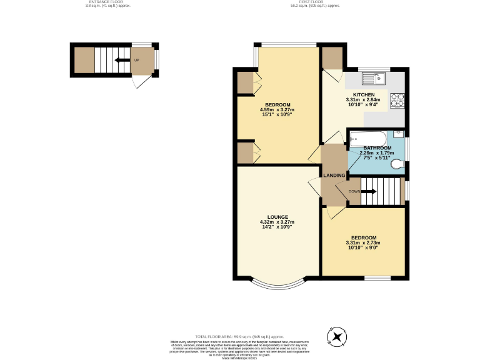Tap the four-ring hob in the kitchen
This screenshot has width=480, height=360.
(397, 99)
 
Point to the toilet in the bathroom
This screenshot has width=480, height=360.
(394, 166)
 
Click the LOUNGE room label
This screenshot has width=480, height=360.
(277, 217)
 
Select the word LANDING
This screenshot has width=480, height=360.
(334, 176)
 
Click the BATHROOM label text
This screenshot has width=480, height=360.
(377, 148)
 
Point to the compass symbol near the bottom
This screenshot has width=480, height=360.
(338, 337)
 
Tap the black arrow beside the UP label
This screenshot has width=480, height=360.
(117, 61)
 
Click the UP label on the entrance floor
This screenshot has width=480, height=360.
(136, 61)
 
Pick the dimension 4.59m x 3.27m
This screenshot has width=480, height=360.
(277, 110)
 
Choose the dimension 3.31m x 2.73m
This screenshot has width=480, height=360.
(363, 243)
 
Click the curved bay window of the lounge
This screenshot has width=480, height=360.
(277, 284)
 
